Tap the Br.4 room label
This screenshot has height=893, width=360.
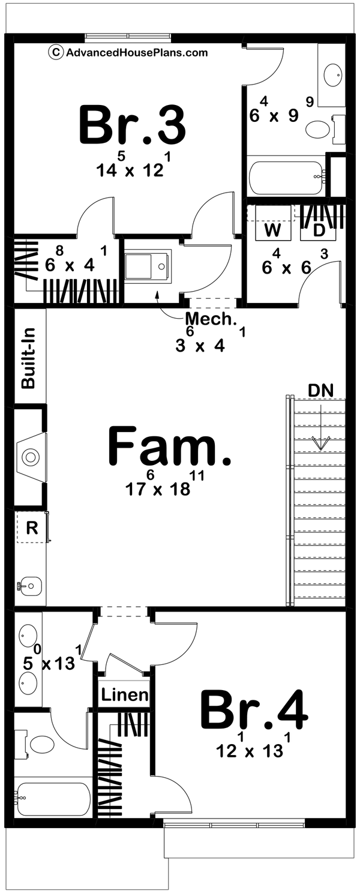click(x=254, y=709)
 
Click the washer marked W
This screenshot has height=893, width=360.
click(x=273, y=229)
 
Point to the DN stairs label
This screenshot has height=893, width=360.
click(x=318, y=391)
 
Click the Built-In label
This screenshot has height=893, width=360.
click(x=28, y=358)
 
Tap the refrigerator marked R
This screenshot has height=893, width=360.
click(x=32, y=528)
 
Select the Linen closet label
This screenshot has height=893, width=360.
click(x=124, y=695)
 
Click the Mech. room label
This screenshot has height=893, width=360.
click(x=211, y=319)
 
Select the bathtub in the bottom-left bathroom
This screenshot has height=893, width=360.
click(x=52, y=799)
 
